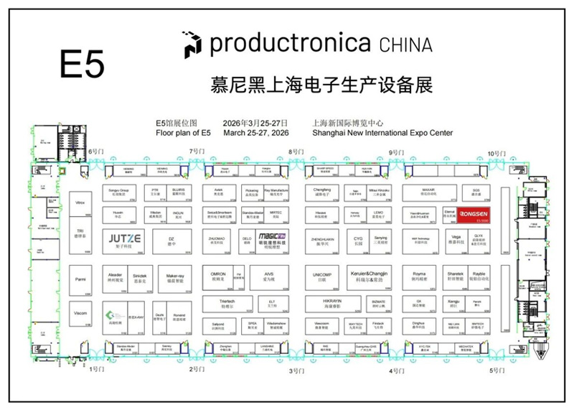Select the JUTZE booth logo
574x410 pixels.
(x=124, y=240)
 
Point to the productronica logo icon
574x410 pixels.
(x=192, y=44)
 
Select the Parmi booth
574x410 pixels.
(x=80, y=279)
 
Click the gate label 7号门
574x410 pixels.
(x=197, y=152)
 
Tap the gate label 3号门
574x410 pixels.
(x=296, y=371)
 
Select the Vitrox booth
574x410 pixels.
(x=80, y=204)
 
